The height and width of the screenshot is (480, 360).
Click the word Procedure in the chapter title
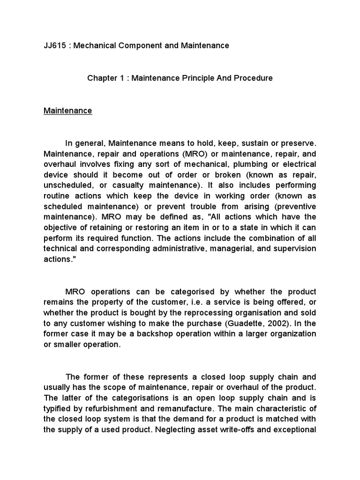tap(251, 78)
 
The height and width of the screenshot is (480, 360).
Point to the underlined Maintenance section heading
tap(67, 111)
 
